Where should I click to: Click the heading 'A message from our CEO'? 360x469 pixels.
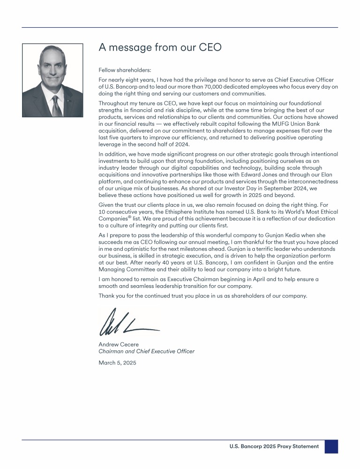pyautogui.click(x=160, y=47)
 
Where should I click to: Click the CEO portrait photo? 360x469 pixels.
pyautogui.click(x=52, y=81)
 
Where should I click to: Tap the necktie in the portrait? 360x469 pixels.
pyautogui.click(x=56, y=107)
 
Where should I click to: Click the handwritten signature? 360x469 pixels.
pyautogui.click(x=128, y=323)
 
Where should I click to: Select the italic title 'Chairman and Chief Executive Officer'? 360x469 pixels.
pyautogui.click(x=146, y=351)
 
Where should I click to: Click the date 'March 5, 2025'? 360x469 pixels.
pyautogui.click(x=118, y=363)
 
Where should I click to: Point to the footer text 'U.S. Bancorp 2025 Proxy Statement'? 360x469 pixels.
pyautogui.click(x=274, y=446)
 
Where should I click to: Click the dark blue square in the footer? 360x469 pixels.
pyautogui.click(x=331, y=446)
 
